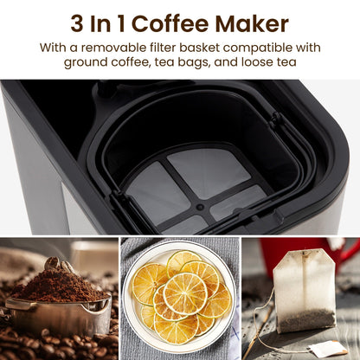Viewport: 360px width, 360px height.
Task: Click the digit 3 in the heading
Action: (77, 23)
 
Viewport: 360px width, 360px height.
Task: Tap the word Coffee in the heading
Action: (170, 23)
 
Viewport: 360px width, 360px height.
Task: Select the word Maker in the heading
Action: (252, 23)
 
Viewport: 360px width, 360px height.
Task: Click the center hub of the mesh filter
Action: (200, 207)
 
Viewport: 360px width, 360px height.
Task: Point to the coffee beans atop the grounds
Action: (59, 264)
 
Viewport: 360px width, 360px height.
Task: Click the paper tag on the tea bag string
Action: (328, 349)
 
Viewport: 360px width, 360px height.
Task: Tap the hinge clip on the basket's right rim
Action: (277, 119)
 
